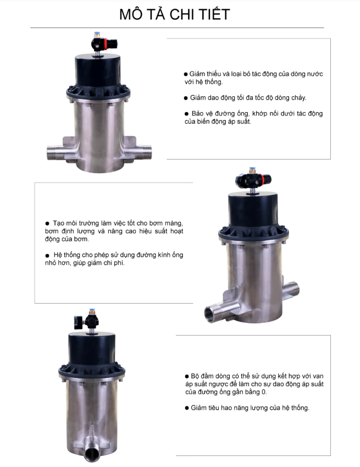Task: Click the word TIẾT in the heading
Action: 214,14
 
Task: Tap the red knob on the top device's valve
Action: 113,44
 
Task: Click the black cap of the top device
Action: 98,70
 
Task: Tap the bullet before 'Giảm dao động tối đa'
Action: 186,98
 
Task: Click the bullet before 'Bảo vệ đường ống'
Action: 186,113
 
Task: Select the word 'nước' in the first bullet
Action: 314,74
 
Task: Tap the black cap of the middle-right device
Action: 253,210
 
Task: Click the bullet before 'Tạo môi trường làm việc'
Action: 47,223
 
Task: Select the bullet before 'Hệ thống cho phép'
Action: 47,255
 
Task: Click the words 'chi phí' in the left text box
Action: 114,263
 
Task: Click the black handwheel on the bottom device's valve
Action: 77,322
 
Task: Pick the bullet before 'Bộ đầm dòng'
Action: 187,376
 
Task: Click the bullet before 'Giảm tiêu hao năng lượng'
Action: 187,408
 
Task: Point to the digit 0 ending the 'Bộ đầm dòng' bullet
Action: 264,392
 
